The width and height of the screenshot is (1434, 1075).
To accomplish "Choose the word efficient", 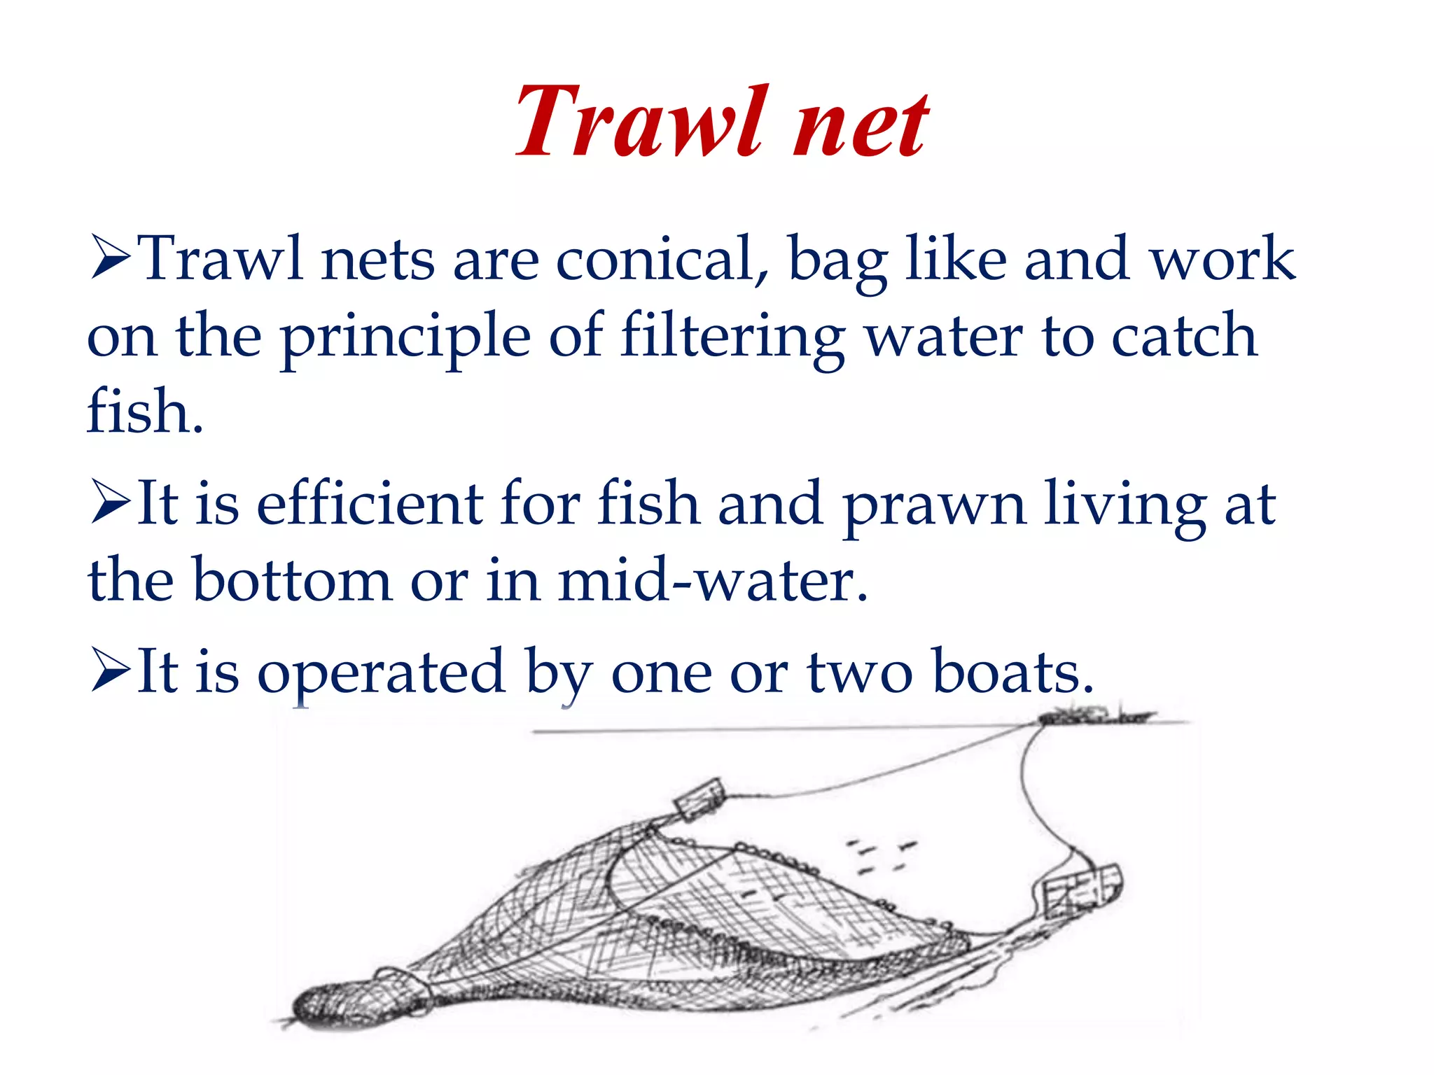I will pos(370,503).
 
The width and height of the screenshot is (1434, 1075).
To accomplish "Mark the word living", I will pos(1125,506).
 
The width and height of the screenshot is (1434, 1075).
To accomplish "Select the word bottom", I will pos(291,580).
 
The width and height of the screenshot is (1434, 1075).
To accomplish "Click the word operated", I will pos(381,674).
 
